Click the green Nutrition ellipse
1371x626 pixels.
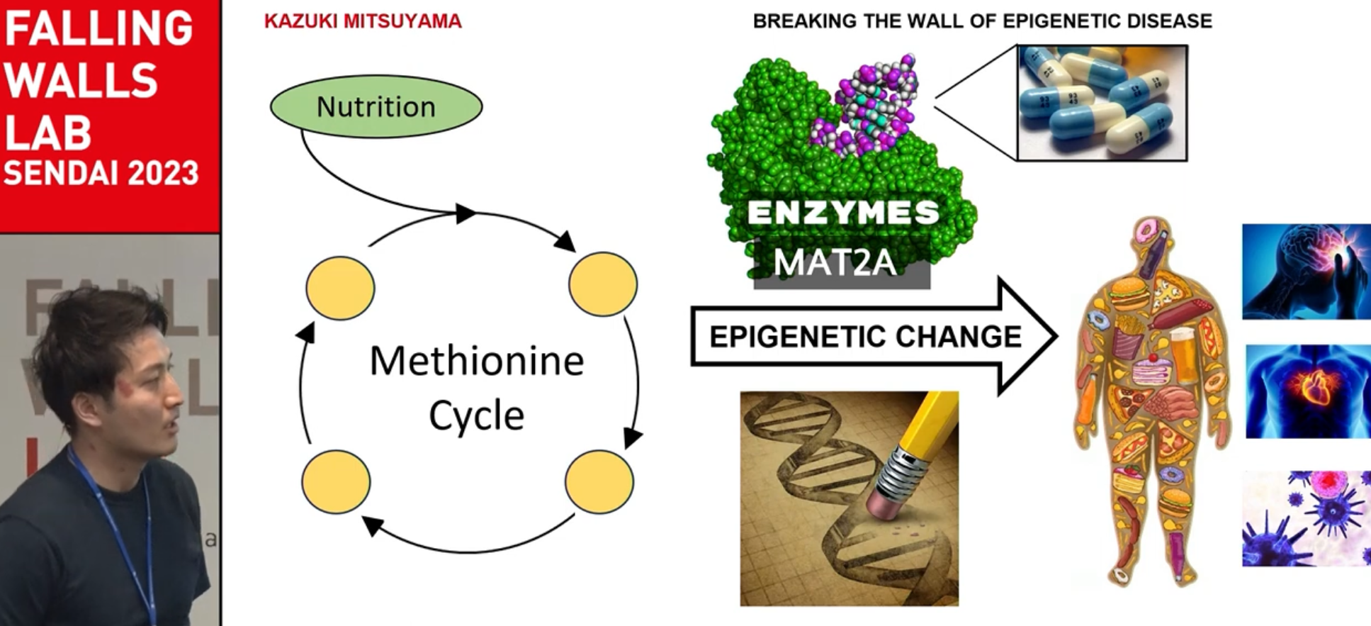tap(376, 106)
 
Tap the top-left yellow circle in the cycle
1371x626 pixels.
tap(340, 288)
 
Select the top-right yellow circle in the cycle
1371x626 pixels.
tap(603, 284)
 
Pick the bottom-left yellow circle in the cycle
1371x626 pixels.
tap(336, 481)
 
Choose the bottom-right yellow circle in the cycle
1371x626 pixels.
tap(599, 481)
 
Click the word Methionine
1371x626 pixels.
tap(476, 362)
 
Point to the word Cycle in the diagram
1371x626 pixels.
tap(476, 415)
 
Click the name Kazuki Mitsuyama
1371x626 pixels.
tap(363, 21)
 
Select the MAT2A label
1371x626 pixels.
tap(835, 263)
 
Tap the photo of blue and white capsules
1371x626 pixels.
tap(1102, 103)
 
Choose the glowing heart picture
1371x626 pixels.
tap(1307, 391)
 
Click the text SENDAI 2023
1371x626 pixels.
tap(101, 174)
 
